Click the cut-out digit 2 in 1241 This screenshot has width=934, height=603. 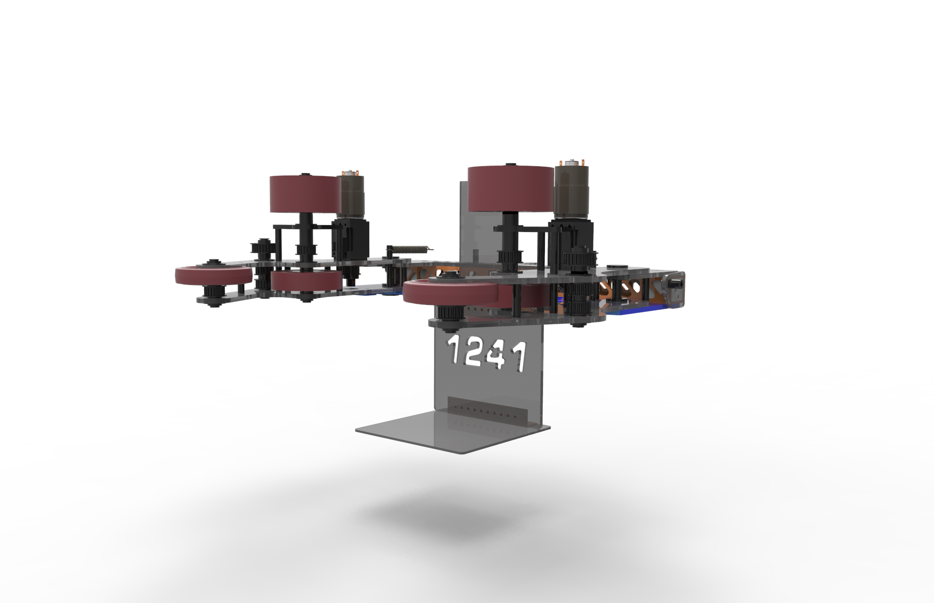coord(473,352)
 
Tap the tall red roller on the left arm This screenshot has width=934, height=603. coord(304,194)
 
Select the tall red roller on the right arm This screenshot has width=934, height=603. coord(510,189)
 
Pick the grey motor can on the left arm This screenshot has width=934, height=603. coord(351,196)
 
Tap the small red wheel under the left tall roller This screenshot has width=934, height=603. coord(306,282)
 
